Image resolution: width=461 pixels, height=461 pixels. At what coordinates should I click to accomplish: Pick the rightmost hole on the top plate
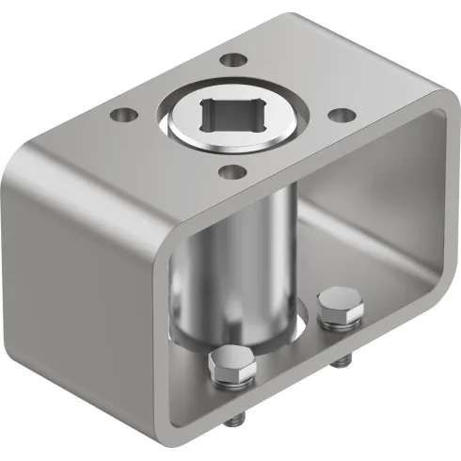[344, 115]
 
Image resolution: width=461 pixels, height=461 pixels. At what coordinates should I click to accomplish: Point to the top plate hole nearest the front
[230, 172]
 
